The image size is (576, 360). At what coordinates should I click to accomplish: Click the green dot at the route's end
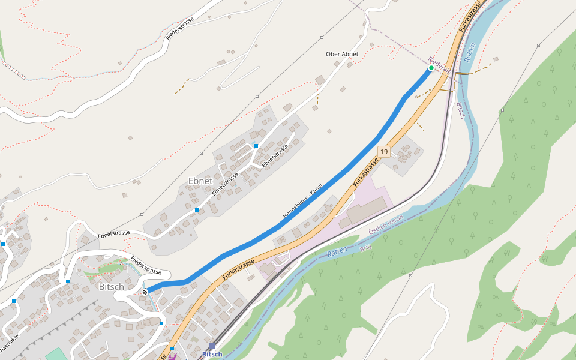(431, 68)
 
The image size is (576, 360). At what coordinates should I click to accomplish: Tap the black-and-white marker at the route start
(145, 292)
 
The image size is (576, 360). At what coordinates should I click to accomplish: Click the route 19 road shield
(384, 152)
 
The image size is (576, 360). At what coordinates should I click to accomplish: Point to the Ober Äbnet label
(342, 54)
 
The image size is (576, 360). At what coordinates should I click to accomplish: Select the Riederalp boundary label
(440, 65)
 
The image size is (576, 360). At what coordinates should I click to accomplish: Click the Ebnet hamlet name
(200, 181)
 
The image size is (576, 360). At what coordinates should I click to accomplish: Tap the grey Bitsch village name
(111, 287)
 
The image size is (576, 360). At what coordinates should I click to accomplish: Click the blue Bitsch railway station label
(212, 354)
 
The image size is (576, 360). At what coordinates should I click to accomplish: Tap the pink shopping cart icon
(173, 356)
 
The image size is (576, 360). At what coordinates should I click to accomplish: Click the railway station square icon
(212, 346)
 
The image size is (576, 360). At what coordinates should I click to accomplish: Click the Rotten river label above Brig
(338, 252)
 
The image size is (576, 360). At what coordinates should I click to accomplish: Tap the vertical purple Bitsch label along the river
(461, 110)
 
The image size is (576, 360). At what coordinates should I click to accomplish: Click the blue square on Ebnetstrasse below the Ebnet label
(197, 210)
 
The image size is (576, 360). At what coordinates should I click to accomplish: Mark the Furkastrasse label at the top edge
(471, 17)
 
